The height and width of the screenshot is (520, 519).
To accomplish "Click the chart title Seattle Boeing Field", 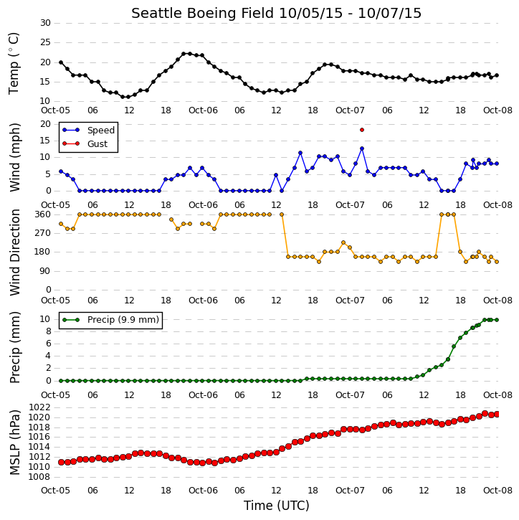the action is pos(202,13).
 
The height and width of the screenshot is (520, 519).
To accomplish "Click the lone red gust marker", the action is pos(362,130).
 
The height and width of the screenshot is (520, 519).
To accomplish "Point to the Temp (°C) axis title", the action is pos(14,64).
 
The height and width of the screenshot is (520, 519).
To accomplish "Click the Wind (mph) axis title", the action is pos(14,157).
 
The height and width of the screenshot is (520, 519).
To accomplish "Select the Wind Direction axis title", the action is pos(14,252).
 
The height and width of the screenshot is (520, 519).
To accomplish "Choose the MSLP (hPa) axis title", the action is pos(14,442).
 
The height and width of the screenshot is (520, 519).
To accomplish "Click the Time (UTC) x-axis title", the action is pos(277,506).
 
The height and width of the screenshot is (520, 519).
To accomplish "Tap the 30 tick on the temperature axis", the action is pos(45,23).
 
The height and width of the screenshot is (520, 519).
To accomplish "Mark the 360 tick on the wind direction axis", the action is pos(43,214).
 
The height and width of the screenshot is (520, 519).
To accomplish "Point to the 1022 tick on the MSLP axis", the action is pos(39,407).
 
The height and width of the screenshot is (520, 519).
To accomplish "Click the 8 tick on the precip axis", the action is pos(48,331).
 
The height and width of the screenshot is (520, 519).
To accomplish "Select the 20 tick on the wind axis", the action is pos(45,124).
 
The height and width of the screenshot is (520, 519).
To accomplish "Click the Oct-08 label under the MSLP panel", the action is pos(497,491).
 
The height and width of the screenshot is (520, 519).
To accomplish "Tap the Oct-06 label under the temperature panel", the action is pos(203,110).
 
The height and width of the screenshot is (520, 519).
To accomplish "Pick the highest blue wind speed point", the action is pos(362,148).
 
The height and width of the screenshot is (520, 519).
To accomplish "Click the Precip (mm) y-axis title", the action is pos(14,348).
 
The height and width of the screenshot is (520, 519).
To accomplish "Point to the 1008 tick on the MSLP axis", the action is pos(39,477).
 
